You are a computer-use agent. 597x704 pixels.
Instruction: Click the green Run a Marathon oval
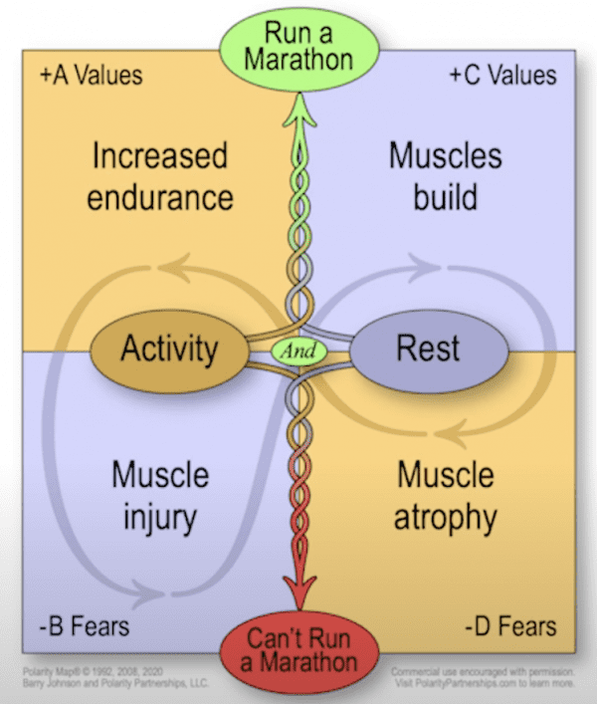298,45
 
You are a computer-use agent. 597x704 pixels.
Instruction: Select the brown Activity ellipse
169,350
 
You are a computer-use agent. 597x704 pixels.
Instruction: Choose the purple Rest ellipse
428,350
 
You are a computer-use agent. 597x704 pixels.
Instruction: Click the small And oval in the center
298,351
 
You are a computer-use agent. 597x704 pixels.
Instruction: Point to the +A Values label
92,76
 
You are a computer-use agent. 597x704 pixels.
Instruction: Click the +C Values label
502,76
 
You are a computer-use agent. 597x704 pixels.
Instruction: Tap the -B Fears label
86,627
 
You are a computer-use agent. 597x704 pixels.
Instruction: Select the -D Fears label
510,627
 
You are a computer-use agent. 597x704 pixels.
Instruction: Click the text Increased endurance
160,176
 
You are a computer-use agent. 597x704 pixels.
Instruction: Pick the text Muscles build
446,175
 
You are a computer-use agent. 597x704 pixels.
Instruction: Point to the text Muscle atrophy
446,496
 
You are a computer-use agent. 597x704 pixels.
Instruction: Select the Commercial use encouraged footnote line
486,671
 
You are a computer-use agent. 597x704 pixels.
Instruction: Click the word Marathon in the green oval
298,59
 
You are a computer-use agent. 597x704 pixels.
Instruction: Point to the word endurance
160,196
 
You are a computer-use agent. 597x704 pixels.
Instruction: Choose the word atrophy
446,518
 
